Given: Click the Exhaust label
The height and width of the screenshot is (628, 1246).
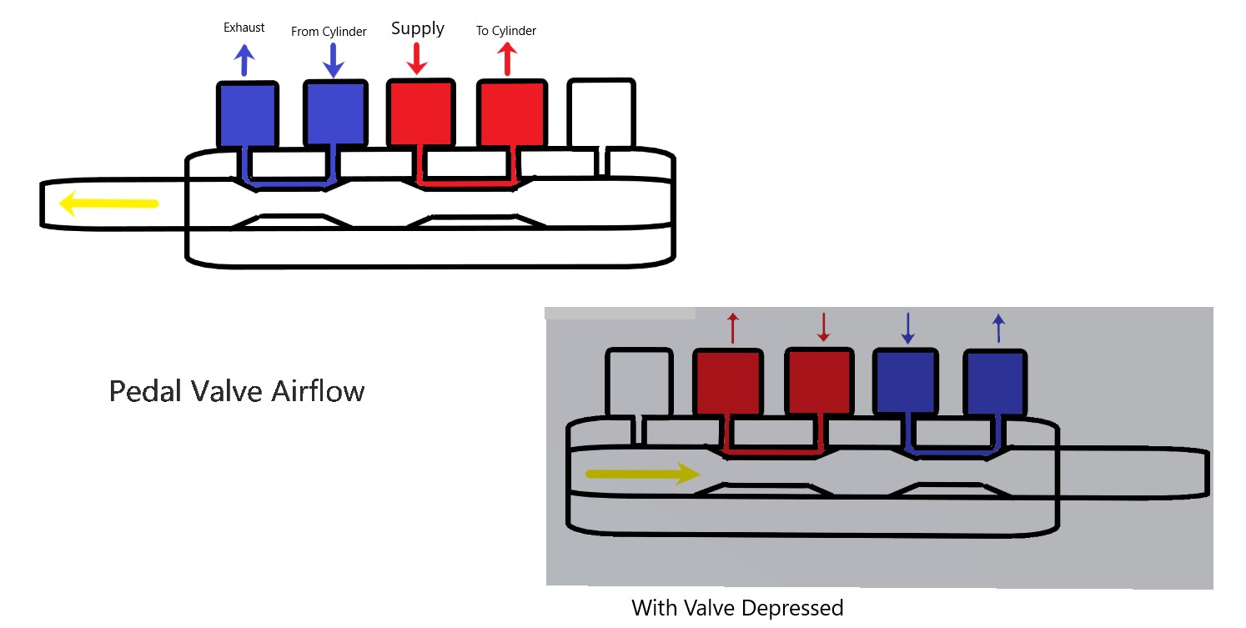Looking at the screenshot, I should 244,28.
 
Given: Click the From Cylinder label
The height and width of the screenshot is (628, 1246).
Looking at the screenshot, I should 329,32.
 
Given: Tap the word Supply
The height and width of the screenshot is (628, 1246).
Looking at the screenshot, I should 418,28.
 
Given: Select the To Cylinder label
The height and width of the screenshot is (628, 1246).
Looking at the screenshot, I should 505,31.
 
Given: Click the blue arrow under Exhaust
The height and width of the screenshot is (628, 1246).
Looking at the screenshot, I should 244,60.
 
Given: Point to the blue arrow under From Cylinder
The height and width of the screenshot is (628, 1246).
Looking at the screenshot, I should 333,60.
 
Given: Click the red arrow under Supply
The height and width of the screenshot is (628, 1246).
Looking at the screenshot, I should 417,58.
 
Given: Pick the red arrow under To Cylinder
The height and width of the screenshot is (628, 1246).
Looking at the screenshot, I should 507,59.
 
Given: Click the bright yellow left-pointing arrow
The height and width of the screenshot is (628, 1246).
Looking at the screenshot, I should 108,203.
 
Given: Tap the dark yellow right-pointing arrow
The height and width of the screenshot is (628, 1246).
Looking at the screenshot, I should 642,474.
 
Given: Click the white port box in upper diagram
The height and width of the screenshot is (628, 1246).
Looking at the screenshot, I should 600,113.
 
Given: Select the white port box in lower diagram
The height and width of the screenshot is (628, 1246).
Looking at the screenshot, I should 638,382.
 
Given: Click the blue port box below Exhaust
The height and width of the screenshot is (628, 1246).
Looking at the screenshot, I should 247,115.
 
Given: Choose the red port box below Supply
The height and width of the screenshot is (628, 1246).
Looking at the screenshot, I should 421,113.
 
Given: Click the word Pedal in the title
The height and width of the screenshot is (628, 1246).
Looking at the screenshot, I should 143,391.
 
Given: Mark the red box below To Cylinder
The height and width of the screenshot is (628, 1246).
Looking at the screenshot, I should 511,113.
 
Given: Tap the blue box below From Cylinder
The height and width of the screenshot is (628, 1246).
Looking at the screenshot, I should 334,114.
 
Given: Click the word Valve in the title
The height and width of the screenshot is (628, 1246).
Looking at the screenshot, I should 224,391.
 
